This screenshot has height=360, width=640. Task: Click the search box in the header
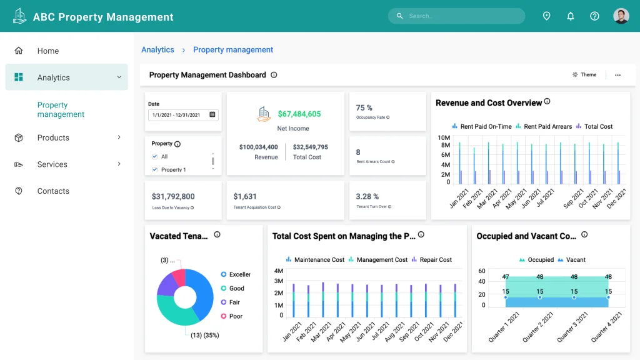point(456,16)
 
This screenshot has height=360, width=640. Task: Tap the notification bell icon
point(571,16)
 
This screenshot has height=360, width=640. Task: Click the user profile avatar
point(621,16)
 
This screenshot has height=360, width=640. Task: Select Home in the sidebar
point(47,51)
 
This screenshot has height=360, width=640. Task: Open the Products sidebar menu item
point(53,137)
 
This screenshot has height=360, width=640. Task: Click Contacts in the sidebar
point(53,191)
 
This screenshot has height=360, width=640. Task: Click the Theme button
point(584,75)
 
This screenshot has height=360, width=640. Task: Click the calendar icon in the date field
point(212,115)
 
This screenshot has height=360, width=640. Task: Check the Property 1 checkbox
point(155,169)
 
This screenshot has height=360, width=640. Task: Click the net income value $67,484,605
point(299,114)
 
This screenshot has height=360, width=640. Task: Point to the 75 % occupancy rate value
point(364,108)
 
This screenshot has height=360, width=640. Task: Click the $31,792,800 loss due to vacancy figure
point(173,196)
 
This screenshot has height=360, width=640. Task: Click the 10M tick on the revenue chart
point(444,137)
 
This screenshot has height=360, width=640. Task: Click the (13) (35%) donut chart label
point(205,335)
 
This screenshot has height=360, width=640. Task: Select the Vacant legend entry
point(571,260)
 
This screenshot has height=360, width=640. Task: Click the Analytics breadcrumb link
point(157,50)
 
